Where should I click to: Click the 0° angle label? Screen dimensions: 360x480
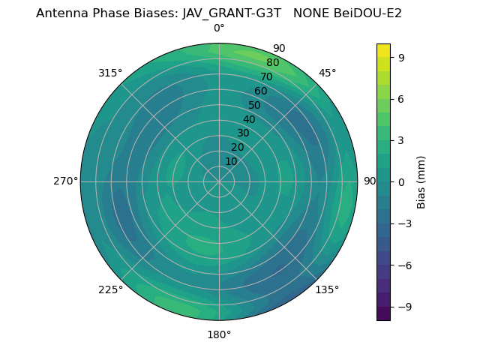(219, 28)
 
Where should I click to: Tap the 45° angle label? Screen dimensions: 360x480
(327, 73)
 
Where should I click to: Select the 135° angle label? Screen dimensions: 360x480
(327, 289)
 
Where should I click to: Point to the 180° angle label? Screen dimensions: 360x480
(219, 334)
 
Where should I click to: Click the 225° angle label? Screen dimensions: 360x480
(110, 289)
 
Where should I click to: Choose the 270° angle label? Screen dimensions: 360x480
(66, 181)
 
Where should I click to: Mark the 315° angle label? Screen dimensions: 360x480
(110, 73)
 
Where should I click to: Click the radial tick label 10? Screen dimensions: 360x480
(232, 161)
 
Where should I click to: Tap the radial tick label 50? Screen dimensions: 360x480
(255, 105)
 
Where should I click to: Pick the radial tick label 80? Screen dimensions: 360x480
(273, 63)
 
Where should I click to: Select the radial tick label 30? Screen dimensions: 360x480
(243, 133)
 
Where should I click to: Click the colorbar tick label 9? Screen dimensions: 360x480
(401, 56)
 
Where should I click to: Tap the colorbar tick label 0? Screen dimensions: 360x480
(401, 181)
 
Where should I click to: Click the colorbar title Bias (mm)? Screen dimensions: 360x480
(421, 181)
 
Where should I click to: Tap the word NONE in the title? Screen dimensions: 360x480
(311, 13)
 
